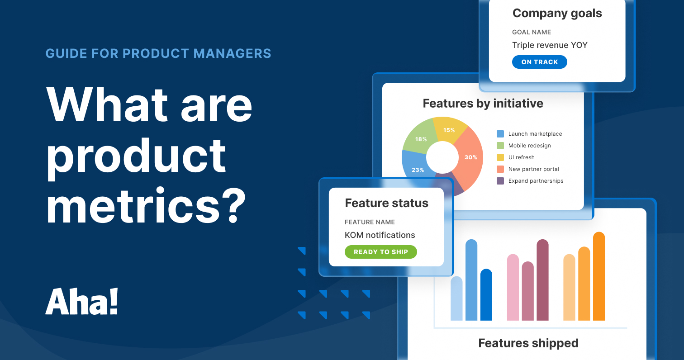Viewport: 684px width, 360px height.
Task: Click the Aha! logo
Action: tap(82, 302)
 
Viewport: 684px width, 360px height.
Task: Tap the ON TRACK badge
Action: tap(539, 62)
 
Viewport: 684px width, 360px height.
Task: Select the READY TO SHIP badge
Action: tap(380, 252)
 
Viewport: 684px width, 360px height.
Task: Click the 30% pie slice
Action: tap(468, 157)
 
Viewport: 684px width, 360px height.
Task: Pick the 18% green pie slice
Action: tap(421, 138)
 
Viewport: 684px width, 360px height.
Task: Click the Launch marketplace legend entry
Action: tap(529, 134)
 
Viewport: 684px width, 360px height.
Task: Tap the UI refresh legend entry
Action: tap(516, 157)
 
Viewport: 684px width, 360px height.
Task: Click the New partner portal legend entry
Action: tap(528, 169)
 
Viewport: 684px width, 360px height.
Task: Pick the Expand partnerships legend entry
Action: tap(530, 181)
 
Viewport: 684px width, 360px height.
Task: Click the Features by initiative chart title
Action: tap(483, 104)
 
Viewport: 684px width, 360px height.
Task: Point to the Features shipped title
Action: tap(528, 343)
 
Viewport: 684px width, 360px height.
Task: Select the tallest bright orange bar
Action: tap(598, 276)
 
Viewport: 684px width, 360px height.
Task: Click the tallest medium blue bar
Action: tap(471, 280)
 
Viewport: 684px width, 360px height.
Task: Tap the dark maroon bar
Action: tap(542, 280)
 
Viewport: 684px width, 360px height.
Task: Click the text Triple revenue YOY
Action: tap(550, 45)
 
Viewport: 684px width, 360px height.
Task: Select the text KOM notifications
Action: tap(380, 235)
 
